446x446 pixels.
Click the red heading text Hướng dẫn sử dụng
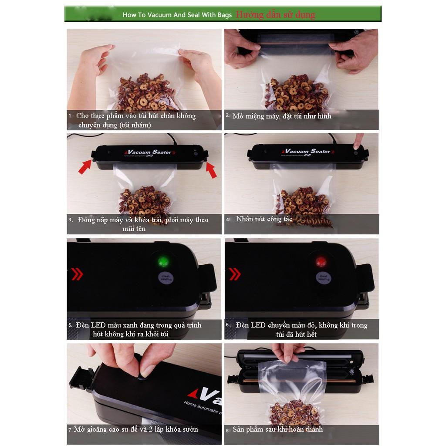coord(275,14)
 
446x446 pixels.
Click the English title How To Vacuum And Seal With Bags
coord(177,15)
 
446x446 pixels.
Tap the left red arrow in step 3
coord(85,167)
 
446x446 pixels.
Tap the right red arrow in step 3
coord(211,170)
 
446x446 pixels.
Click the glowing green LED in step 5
coord(164,262)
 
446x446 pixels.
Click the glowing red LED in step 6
coord(322,262)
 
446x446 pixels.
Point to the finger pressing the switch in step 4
coord(358,141)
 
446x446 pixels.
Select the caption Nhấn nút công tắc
coord(264,219)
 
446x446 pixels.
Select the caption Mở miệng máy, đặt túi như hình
coord(282,116)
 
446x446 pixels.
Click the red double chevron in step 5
coord(77,274)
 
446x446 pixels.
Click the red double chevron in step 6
coord(234,274)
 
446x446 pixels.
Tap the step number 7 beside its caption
coord(70,430)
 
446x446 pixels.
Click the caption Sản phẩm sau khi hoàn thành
coord(277,429)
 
